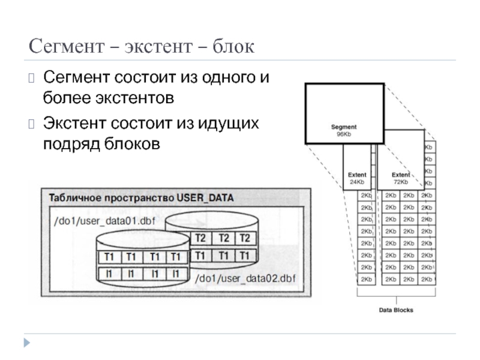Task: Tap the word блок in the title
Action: click(x=232, y=46)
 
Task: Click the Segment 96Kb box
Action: click(x=344, y=114)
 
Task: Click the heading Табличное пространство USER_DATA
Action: click(x=141, y=198)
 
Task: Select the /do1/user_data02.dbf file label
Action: click(x=245, y=278)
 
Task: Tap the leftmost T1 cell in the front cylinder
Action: click(x=109, y=257)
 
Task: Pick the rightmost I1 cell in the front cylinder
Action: click(x=175, y=274)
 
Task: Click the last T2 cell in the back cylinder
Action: click(x=244, y=238)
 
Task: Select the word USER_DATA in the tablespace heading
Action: click(x=205, y=198)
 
